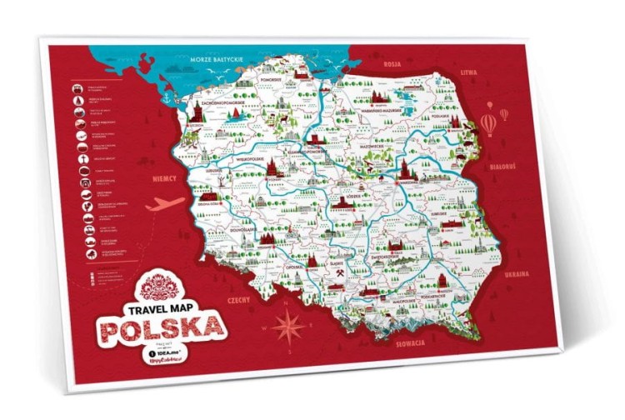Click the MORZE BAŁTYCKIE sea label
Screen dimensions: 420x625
(215, 60)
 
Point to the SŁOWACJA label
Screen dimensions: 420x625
(412, 342)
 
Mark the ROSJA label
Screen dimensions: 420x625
(392, 62)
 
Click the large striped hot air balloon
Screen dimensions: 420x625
(487, 124)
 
